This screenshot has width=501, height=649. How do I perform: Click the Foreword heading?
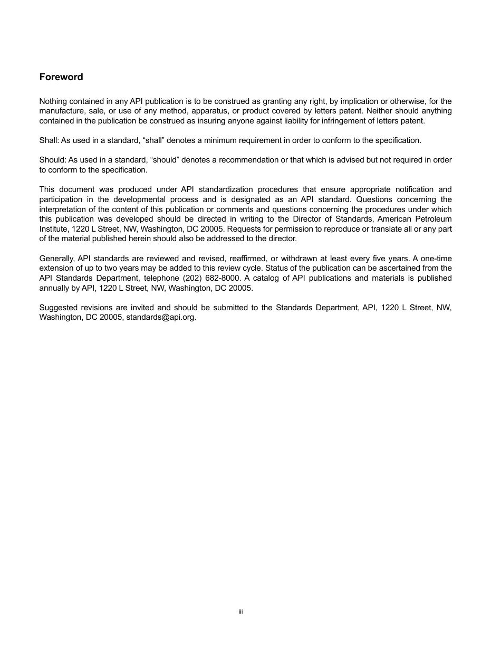(61, 77)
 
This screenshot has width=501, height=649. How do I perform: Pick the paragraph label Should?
(53, 160)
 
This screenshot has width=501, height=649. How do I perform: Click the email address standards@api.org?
(161, 318)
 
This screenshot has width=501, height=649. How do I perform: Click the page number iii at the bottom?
(240, 612)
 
